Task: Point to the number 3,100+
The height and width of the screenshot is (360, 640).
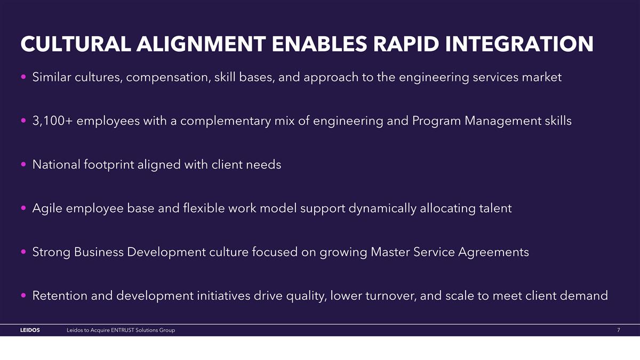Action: [x=54, y=121]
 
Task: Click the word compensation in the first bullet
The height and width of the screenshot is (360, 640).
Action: [x=167, y=77]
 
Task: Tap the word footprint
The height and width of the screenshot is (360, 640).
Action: [x=109, y=165]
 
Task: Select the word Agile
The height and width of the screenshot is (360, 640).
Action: [x=47, y=208]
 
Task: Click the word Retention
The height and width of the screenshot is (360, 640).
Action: [x=59, y=295]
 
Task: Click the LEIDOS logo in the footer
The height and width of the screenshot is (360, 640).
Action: [x=30, y=331]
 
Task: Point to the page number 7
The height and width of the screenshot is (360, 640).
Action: [x=618, y=331]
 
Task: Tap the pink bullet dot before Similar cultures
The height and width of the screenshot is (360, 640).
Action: [x=24, y=78]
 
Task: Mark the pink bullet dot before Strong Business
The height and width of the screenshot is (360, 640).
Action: [x=24, y=252]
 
